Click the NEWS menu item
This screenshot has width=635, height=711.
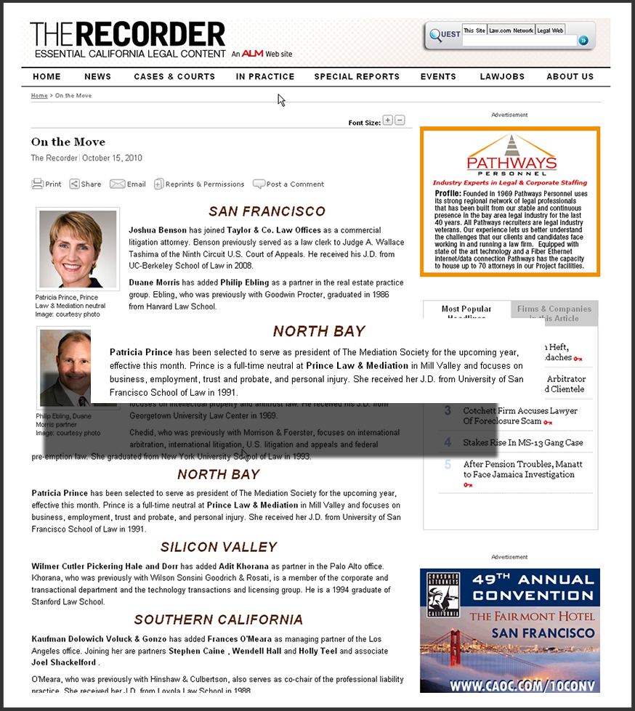(x=97, y=76)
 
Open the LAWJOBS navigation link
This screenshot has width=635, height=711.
(x=502, y=76)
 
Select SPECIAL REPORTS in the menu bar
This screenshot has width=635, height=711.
(x=357, y=76)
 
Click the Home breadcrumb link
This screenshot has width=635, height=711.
(x=39, y=96)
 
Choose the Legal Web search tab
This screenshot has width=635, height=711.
(x=550, y=31)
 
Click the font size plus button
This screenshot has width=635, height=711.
(x=388, y=121)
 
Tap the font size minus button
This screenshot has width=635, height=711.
(x=400, y=121)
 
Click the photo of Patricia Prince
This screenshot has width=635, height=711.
(x=78, y=249)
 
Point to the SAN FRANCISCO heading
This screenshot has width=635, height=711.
(x=267, y=211)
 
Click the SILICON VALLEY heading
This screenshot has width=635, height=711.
(x=219, y=547)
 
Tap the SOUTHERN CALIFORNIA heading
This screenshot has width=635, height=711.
(x=218, y=619)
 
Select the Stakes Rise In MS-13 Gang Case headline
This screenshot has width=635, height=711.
(x=522, y=442)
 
